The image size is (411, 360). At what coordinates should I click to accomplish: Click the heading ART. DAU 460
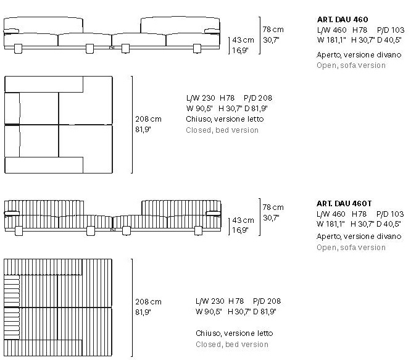tap(342, 19)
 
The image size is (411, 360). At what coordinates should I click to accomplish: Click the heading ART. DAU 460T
tap(344, 204)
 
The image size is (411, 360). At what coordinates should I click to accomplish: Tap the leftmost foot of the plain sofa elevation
tap(18, 49)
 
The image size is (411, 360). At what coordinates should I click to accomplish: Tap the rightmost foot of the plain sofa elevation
tap(197, 49)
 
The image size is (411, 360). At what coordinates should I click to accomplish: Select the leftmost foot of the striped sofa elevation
tap(19, 231)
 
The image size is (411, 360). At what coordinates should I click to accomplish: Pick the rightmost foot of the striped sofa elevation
tap(198, 231)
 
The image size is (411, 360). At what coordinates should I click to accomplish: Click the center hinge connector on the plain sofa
tap(112, 48)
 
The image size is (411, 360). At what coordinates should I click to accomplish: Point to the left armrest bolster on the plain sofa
tap(11, 31)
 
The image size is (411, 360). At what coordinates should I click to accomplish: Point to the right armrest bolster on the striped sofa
tap(213, 213)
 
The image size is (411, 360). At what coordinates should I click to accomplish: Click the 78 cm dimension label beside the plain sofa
tap(273, 30)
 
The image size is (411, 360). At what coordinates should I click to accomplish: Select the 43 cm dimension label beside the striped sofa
tap(243, 220)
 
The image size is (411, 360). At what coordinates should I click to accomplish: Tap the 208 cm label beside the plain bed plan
tap(148, 119)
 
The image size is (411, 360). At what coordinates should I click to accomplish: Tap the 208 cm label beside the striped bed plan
tap(148, 302)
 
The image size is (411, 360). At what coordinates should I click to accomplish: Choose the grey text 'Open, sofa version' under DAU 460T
tap(351, 248)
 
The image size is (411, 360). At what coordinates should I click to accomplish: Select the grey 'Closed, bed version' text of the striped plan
tap(232, 345)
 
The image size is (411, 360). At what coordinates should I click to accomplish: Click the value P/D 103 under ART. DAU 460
tap(391, 30)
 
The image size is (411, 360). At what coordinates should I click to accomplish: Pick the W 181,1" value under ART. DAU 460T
tap(331, 224)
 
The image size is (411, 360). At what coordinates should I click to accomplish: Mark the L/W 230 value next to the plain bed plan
tap(201, 98)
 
